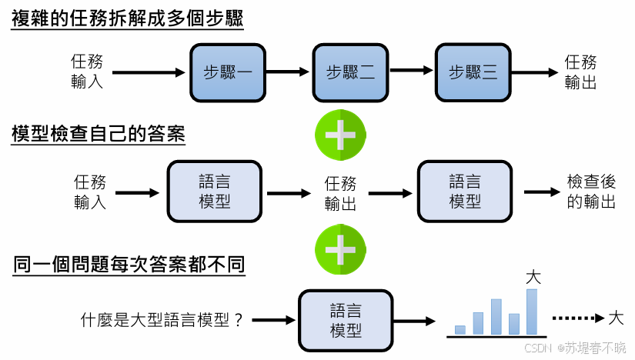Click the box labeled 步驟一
click(x=227, y=72)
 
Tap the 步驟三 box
click(x=473, y=72)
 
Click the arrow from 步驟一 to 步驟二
click(x=288, y=72)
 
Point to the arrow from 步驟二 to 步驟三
click(x=411, y=72)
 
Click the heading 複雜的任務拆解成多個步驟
click(x=128, y=18)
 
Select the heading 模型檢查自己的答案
click(x=99, y=134)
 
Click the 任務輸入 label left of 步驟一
click(x=87, y=72)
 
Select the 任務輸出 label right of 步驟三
click(x=580, y=72)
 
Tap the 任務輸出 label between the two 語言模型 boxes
click(x=340, y=193)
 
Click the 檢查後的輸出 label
click(x=591, y=192)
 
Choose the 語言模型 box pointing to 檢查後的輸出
click(x=464, y=192)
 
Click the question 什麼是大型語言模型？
click(x=162, y=319)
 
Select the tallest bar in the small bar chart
click(x=531, y=312)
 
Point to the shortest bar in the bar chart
click(x=460, y=330)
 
